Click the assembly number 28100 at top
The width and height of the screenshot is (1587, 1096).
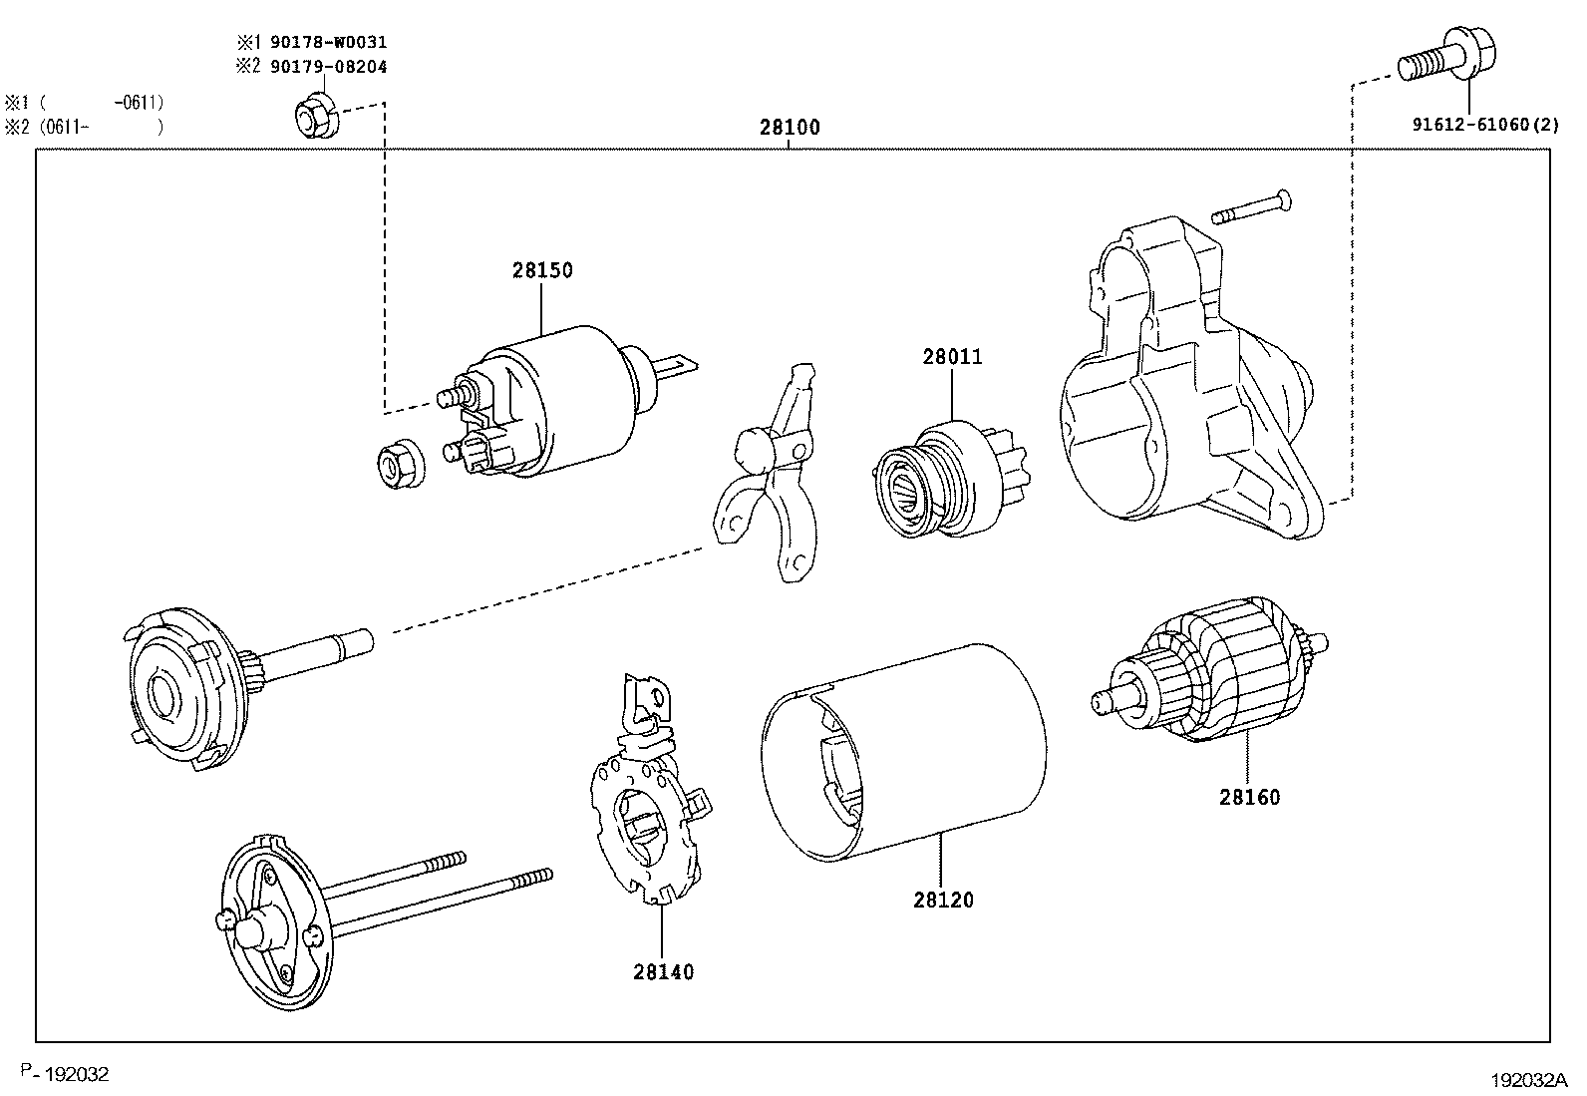point(790,128)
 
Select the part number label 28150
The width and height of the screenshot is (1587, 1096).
point(543,270)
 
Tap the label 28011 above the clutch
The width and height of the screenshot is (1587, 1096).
point(952,356)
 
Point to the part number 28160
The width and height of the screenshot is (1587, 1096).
point(1249,797)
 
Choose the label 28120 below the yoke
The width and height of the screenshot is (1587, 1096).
point(943,900)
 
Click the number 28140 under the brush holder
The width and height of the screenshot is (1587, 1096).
point(663,971)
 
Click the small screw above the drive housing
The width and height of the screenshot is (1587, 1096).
point(1252,207)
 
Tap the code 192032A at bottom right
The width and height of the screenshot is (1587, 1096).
point(1528,1080)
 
